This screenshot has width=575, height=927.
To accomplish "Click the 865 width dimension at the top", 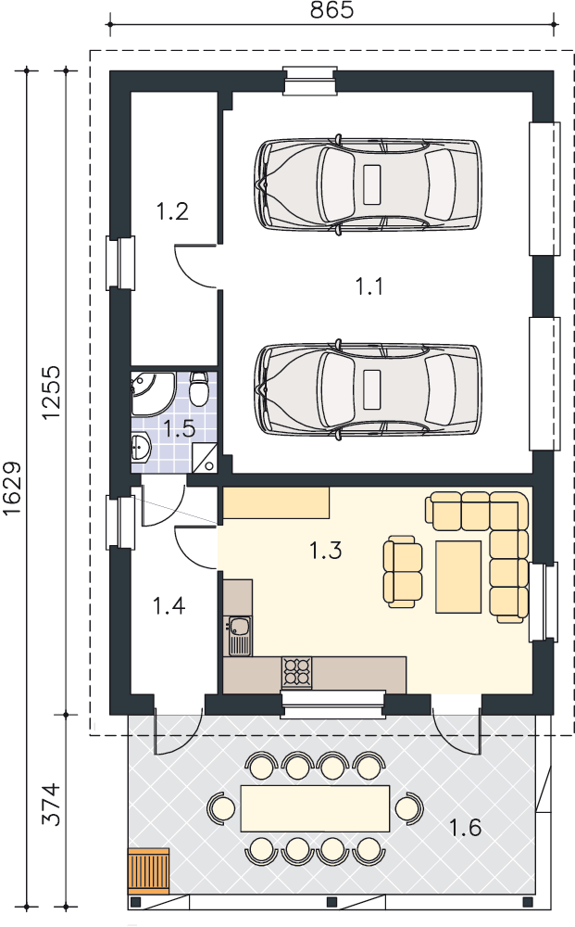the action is [331, 10].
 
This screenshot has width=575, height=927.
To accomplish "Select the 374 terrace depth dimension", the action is [51, 804].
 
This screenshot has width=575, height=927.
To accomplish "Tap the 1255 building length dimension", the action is [51, 392].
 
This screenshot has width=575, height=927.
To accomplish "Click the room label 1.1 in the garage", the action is [369, 286].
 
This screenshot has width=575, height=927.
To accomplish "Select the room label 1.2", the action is [172, 211].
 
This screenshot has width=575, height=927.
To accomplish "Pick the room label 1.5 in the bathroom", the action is [179, 428].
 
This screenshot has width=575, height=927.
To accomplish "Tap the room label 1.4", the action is [169, 605].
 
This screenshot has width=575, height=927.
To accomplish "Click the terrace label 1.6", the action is [465, 828].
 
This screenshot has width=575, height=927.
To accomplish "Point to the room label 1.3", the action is [326, 551].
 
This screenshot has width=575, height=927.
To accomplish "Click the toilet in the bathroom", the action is [198, 388].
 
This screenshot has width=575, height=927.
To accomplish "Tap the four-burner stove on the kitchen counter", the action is [296, 673].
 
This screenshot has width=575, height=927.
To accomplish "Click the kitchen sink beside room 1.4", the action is [239, 636].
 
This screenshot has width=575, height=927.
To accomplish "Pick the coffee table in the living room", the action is [458, 577].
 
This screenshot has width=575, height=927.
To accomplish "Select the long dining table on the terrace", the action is [315, 808].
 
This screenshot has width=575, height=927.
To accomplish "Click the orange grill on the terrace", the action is [149, 870].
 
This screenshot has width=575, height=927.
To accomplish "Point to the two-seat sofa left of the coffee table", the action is [403, 572].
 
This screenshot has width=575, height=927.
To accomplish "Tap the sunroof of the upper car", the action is [372, 184].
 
